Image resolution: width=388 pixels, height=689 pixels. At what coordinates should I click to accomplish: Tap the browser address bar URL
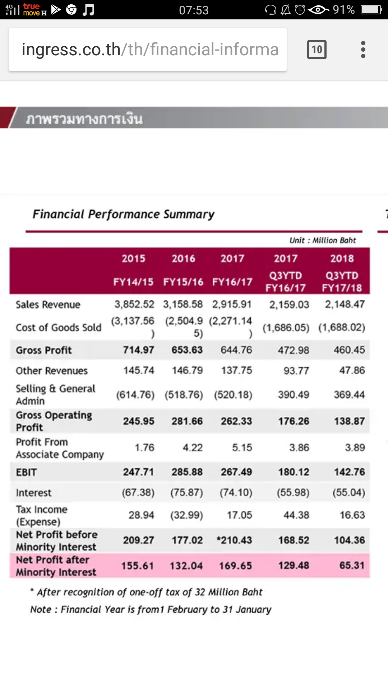(150, 50)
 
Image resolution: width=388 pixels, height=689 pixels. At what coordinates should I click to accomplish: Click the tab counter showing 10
(317, 50)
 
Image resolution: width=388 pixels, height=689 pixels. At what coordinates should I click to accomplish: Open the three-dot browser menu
(363, 50)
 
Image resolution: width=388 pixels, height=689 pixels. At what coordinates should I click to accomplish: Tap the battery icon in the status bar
(371, 10)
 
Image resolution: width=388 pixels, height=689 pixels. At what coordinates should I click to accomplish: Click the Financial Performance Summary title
(124, 214)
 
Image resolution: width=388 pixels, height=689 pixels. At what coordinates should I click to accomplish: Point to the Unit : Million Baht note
(323, 240)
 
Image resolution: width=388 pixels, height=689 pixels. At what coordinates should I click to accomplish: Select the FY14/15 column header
(133, 282)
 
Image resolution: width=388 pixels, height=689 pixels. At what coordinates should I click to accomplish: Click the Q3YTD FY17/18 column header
(342, 281)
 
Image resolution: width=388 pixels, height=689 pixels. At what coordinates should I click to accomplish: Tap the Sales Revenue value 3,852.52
(134, 304)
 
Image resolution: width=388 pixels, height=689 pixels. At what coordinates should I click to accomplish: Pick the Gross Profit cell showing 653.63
(187, 350)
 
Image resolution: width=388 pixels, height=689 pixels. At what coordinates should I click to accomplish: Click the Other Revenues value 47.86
(352, 370)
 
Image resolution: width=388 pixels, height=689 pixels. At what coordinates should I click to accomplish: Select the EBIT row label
(26, 472)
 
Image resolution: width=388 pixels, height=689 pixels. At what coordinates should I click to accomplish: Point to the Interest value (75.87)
(186, 492)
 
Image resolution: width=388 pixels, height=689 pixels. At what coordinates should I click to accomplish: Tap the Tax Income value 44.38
(296, 515)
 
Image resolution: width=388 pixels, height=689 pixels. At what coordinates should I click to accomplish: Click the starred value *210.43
(234, 540)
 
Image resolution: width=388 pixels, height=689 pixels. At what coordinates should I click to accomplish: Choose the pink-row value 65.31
(352, 566)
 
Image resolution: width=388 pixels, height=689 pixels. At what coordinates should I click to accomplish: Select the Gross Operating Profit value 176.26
(294, 421)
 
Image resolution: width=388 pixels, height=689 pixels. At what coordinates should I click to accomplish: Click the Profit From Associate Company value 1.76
(144, 447)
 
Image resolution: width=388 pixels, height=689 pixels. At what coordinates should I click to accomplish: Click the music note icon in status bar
(88, 10)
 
